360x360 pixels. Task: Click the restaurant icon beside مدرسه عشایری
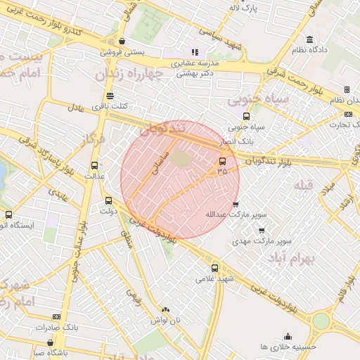(x=195, y=52)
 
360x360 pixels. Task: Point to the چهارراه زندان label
(x=139, y=74)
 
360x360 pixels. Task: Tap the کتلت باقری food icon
(x=109, y=96)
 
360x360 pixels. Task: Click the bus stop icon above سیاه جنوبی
(x=245, y=117)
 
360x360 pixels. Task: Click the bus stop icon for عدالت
(x=94, y=165)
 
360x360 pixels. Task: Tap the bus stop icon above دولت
(x=108, y=200)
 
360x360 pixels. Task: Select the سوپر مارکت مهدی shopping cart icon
(x=262, y=230)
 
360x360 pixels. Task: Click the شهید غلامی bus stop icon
(x=215, y=267)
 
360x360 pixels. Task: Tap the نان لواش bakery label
(x=164, y=321)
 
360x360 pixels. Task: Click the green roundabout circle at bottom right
(x=321, y=321)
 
